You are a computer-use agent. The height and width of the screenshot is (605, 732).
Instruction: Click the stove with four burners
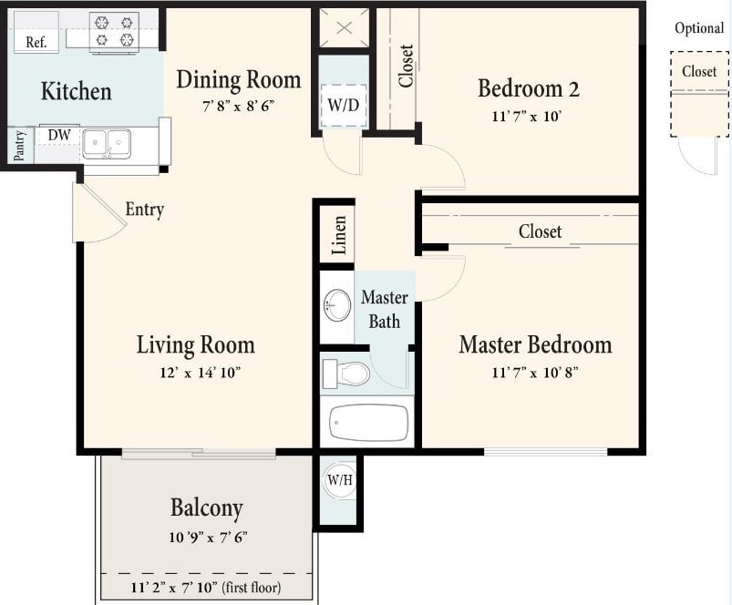pyautogui.click(x=114, y=31)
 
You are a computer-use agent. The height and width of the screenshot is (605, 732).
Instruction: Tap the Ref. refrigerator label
pyautogui.click(x=36, y=42)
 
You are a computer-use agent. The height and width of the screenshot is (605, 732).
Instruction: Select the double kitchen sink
pyautogui.click(x=107, y=143)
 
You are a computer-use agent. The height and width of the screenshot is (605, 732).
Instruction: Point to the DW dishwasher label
pyautogui.click(x=59, y=135)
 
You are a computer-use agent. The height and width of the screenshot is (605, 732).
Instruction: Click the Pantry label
pyautogui.click(x=19, y=147)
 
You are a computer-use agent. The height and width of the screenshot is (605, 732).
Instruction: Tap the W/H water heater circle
pyautogui.click(x=339, y=480)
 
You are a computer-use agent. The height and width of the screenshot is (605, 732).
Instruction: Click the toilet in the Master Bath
pyautogui.click(x=345, y=373)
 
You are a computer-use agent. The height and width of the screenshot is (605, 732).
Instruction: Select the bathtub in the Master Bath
pyautogui.click(x=368, y=422)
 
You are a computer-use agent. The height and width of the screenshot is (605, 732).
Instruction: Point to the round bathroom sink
pyautogui.click(x=337, y=305)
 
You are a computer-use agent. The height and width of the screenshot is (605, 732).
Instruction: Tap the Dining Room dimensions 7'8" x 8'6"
pyautogui.click(x=238, y=106)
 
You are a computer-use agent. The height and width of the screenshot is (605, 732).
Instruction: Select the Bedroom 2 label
pyautogui.click(x=529, y=88)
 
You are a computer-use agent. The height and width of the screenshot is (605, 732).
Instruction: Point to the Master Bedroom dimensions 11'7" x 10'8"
pyautogui.click(x=534, y=372)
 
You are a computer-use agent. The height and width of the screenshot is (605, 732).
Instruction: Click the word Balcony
pyautogui.click(x=207, y=508)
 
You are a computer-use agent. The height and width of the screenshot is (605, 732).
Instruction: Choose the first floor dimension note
pyautogui.click(x=205, y=588)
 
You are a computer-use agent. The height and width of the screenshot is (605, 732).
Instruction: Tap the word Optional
pyautogui.click(x=699, y=28)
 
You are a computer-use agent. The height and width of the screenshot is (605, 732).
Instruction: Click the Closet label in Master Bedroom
pyautogui.click(x=540, y=231)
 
